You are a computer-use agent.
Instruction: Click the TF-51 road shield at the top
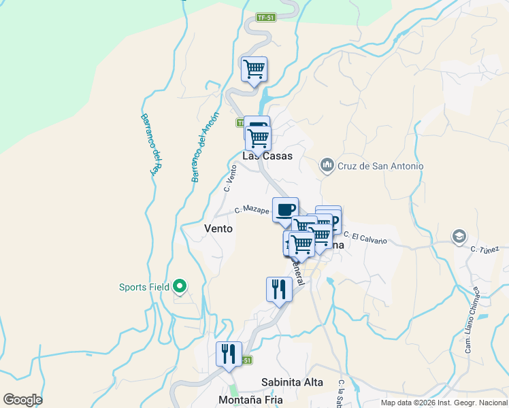pyautogui.click(x=266, y=18)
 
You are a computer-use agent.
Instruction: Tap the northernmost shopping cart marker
pyautogui.click(x=254, y=69)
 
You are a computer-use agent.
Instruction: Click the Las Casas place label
pyautogui.click(x=268, y=156)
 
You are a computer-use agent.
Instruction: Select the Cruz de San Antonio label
pyautogui.click(x=381, y=166)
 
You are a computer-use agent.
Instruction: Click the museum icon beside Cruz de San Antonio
pyautogui.click(x=327, y=165)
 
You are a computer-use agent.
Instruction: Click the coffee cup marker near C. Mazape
pyautogui.click(x=285, y=209)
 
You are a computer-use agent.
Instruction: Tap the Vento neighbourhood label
pyautogui.click(x=218, y=229)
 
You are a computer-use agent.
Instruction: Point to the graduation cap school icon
pyautogui.click(x=459, y=237)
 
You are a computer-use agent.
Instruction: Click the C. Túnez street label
pyautogui.click(x=485, y=250)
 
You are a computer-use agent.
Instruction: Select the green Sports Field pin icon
pyautogui.click(x=180, y=287)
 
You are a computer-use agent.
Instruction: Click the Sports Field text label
pyautogui.click(x=144, y=287)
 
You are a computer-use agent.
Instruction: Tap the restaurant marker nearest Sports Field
pyautogui.click(x=279, y=290)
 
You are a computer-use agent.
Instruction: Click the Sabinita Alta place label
pyautogui.click(x=292, y=382)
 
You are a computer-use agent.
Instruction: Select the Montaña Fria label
pyautogui.click(x=250, y=400)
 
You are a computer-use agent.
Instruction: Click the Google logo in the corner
pyautogui.click(x=22, y=400)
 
